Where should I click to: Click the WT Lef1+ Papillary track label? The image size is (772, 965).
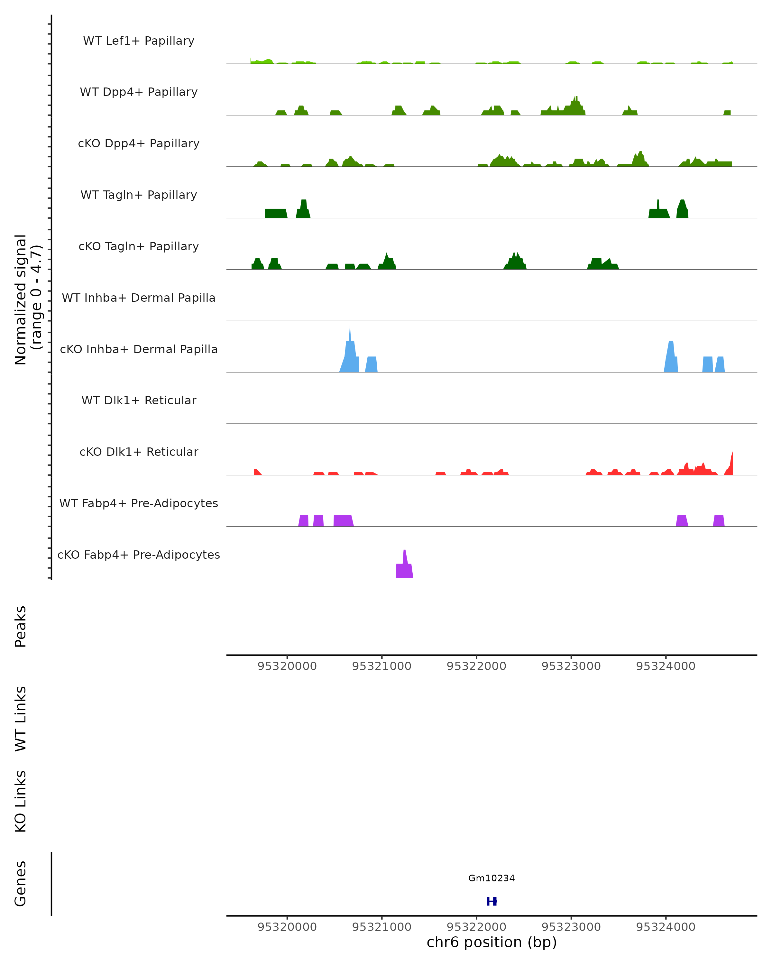coord(139,41)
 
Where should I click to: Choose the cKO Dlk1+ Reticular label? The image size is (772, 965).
coord(139,452)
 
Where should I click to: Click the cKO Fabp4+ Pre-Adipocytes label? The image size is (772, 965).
coord(139,555)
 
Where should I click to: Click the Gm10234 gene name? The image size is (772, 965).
coord(492,878)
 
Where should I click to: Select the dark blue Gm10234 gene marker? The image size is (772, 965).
coord(492,901)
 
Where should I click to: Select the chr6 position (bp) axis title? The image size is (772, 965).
coord(492,942)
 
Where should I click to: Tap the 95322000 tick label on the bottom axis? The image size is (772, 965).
coord(476,927)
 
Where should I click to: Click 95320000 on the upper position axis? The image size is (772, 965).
coord(287,666)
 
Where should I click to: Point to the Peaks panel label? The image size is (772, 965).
coord(21,626)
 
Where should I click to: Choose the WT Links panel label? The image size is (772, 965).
coord(21,718)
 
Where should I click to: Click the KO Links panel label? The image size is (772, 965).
coord(21,802)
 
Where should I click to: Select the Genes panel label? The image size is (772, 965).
coord(21,884)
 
